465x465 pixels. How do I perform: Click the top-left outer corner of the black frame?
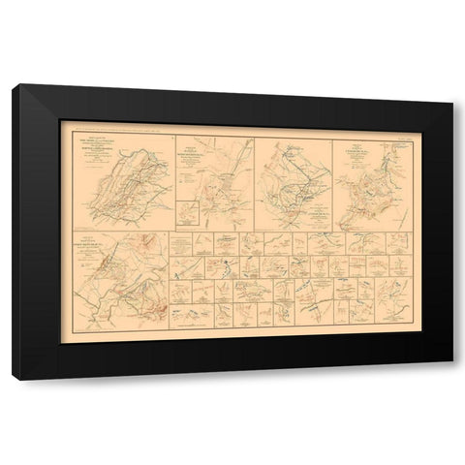click(13, 85)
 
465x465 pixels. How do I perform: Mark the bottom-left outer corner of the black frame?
click(13, 379)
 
